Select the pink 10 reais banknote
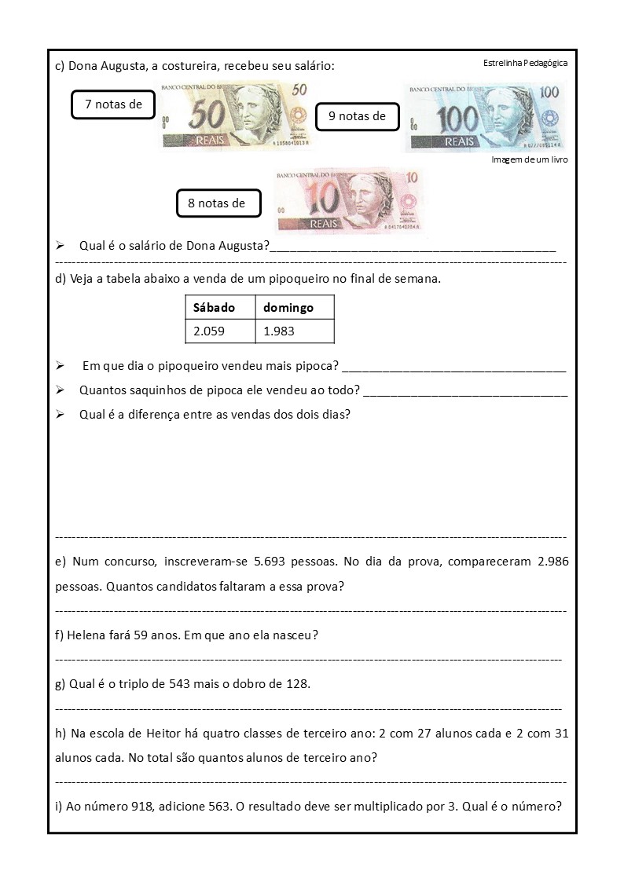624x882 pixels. pyautogui.click(x=350, y=201)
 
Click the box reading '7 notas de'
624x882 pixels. pyautogui.click(x=112, y=104)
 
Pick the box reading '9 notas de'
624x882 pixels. pyautogui.click(x=357, y=116)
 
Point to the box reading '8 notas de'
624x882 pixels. pyautogui.click(x=216, y=203)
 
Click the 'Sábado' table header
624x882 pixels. pyautogui.click(x=214, y=307)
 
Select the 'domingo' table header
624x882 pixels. pyautogui.click(x=288, y=307)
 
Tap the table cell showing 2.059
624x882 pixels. pyautogui.click(x=209, y=331)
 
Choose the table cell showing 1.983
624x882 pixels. pyautogui.click(x=279, y=331)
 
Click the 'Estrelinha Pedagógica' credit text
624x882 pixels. pyautogui.click(x=525, y=63)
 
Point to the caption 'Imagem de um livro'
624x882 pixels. pyautogui.click(x=529, y=159)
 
